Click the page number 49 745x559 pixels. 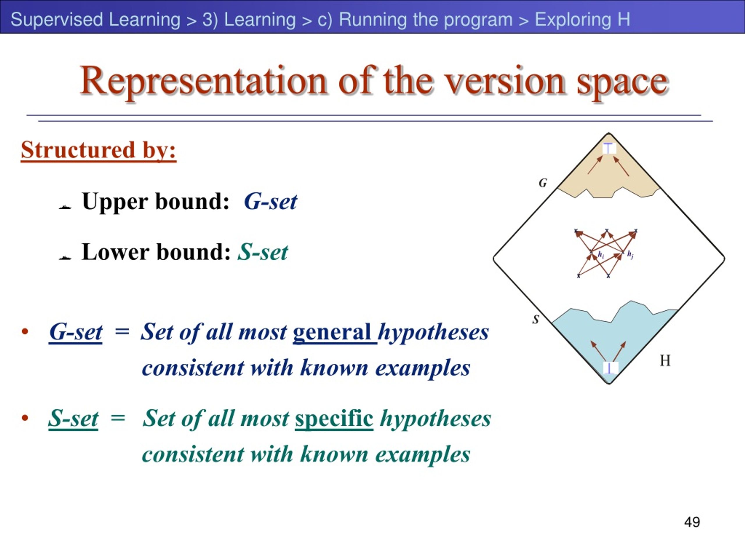click(692, 522)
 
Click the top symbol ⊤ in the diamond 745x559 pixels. click(608, 148)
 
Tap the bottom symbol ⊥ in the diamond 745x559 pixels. click(609, 368)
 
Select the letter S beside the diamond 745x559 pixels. click(536, 319)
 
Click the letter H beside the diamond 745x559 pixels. click(665, 360)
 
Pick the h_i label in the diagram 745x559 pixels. click(601, 255)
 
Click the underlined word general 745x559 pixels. click(335, 333)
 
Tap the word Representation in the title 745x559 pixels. click(203, 82)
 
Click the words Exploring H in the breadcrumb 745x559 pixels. click(582, 19)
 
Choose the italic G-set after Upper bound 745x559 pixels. click(270, 201)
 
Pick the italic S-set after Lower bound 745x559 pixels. click(263, 252)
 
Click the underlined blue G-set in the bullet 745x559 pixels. click(75, 332)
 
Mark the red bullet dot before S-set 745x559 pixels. click(24, 418)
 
